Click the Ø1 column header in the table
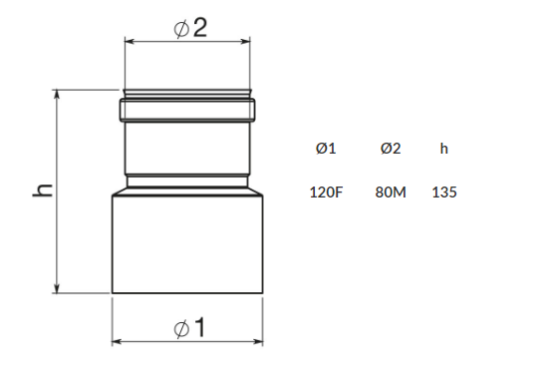pos(326,149)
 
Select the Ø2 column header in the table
pos(391,149)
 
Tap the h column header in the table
pos(444,149)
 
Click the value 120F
pos(326,193)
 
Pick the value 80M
pos(391,193)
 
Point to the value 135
pos(444,193)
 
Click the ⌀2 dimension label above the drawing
pos(190,28)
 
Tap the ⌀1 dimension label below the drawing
pos(189,327)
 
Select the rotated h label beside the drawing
pos(42,190)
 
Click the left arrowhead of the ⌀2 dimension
pos(130,42)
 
